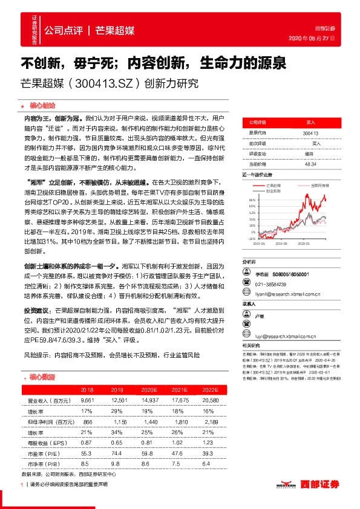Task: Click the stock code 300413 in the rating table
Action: (310, 132)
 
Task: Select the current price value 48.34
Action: (310, 164)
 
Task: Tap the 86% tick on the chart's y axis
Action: (252, 199)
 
